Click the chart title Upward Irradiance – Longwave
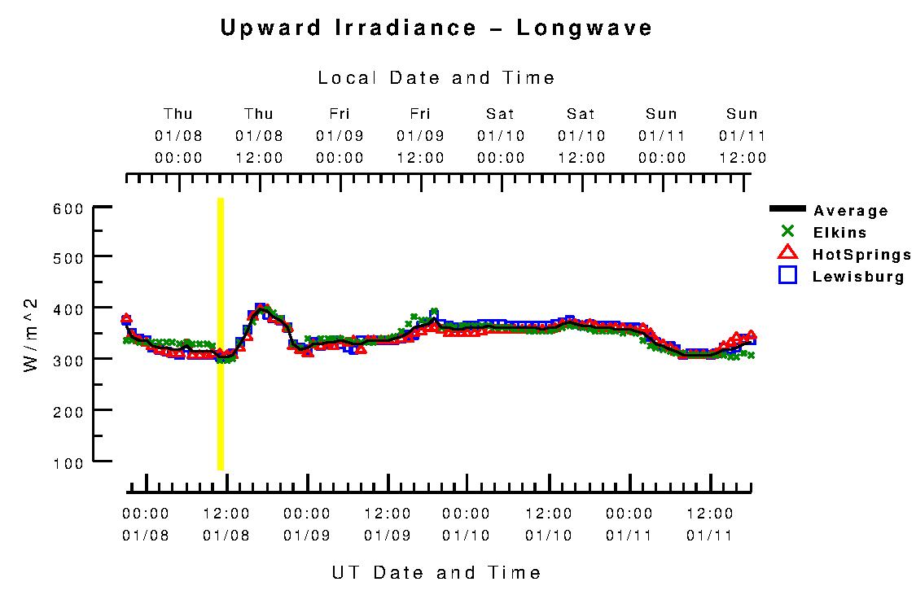point(436,28)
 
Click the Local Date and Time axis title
point(436,78)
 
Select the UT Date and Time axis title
point(436,572)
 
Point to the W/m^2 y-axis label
point(31,335)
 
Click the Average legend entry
point(851,211)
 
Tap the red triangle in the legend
point(787,253)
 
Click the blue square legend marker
point(787,275)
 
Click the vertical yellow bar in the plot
point(220,334)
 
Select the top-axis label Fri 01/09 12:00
point(420,136)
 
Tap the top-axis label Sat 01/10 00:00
point(501,136)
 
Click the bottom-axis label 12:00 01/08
point(226,524)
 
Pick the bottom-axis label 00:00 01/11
point(629,524)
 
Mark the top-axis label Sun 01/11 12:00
point(743,136)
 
